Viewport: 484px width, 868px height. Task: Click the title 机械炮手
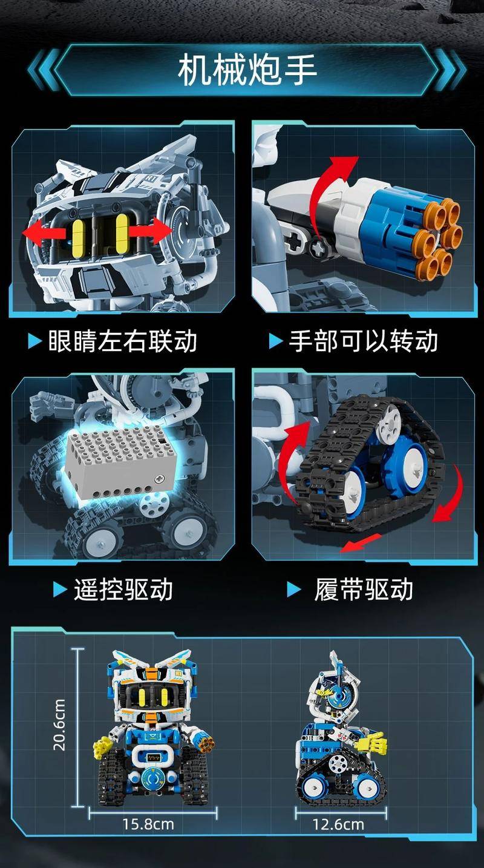click(247, 70)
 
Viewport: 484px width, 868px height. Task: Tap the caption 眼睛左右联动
click(122, 341)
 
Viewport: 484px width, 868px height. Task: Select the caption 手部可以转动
click(363, 341)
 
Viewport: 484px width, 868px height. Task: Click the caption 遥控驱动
click(123, 590)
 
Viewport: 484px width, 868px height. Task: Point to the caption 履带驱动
click(363, 590)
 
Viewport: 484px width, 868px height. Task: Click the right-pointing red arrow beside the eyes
click(150, 231)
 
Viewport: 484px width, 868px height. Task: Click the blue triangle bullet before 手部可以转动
click(276, 341)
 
